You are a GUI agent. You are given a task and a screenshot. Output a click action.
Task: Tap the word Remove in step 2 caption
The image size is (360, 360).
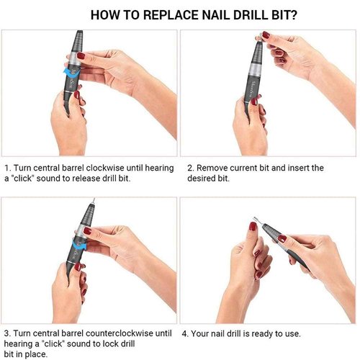pos(212,168)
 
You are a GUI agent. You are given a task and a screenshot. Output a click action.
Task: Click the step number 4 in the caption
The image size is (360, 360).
pos(186,334)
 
